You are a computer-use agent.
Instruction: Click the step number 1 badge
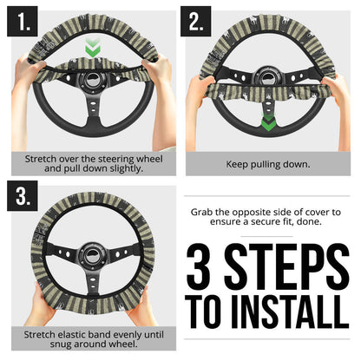pyautogui.click(x=23, y=22)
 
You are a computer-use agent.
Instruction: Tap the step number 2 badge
pyautogui.click(x=196, y=22)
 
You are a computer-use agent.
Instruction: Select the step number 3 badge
pyautogui.click(x=23, y=197)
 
